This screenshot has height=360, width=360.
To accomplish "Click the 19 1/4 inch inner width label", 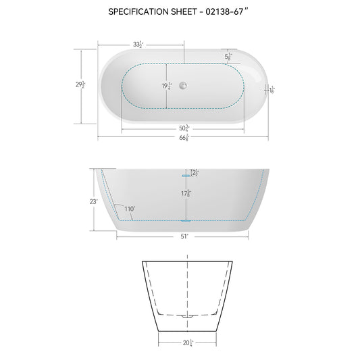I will [165, 86].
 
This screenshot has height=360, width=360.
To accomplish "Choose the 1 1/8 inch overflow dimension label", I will [272, 89].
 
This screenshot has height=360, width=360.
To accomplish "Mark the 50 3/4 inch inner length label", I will [183, 128].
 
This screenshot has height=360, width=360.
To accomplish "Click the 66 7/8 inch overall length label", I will [183, 138].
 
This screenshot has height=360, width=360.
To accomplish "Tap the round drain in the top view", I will [183, 86].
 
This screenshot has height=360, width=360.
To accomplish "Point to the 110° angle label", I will [129, 209].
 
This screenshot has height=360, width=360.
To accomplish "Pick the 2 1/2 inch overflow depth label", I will [195, 174].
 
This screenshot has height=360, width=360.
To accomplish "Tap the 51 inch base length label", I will [183, 237].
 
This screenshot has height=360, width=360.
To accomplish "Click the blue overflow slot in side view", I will [183, 174].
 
